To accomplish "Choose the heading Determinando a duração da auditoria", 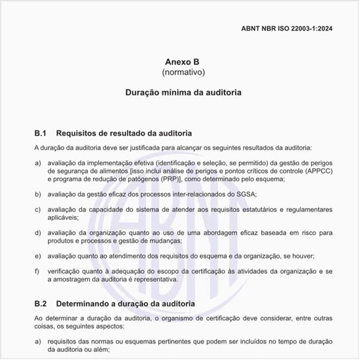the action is (126, 304).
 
